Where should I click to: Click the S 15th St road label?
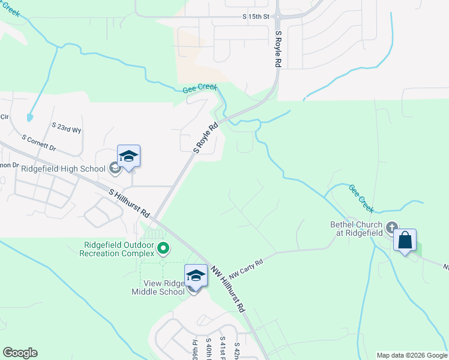pos(256,16)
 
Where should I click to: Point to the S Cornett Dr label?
pos(38,142)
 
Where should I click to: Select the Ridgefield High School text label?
pos(63,169)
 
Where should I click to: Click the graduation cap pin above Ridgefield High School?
pos(128,157)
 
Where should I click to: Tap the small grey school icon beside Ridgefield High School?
pos(115,169)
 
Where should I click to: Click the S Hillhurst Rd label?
pos(130,203)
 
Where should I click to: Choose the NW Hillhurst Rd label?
pos(228,289)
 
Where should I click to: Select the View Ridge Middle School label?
pos(158,287)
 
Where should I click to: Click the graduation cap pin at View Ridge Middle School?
pos(196,276)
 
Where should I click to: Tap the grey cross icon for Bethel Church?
pos(392,227)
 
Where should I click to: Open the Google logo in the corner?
pos(20,353)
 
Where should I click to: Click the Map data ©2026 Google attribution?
pos(412,355)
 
